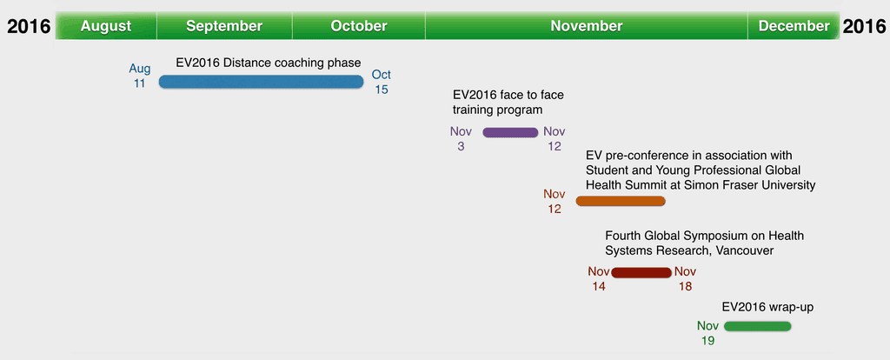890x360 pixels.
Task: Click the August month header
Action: [x=106, y=26]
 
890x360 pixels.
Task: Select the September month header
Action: [x=224, y=26]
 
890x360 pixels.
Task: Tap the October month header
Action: [x=359, y=26]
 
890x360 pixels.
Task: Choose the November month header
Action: [x=587, y=26]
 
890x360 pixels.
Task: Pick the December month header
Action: [x=794, y=26]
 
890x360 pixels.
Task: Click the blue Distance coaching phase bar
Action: [x=261, y=82]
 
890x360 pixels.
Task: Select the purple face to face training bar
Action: [x=510, y=132]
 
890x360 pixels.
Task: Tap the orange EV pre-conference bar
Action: [x=621, y=201]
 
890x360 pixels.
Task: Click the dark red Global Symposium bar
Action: [x=641, y=272]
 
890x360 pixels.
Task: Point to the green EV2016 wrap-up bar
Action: [x=757, y=326]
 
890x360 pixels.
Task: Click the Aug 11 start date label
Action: [x=140, y=77]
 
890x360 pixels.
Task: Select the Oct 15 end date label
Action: [x=382, y=82]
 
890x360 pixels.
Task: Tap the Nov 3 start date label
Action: [x=461, y=138]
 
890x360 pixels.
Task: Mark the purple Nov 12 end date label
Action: [x=555, y=138]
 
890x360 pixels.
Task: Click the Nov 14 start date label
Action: [x=599, y=279]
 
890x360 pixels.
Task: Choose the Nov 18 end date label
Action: [x=685, y=279]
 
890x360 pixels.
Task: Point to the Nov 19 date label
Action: [x=707, y=333]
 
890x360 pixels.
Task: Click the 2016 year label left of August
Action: [x=29, y=27]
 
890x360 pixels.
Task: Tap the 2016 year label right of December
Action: [x=864, y=27]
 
